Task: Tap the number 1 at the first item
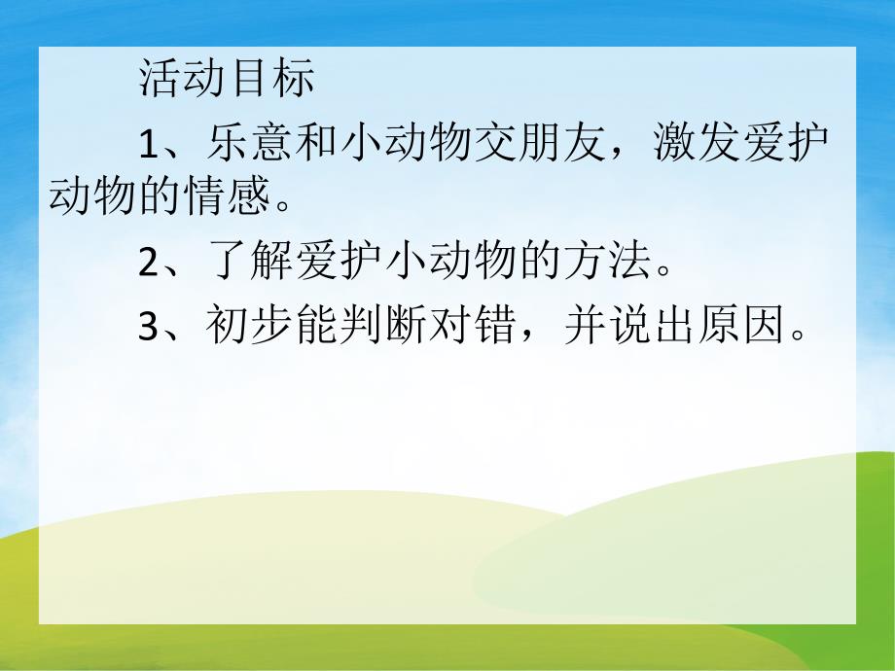[x=148, y=145]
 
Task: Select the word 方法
[x=608, y=264]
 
